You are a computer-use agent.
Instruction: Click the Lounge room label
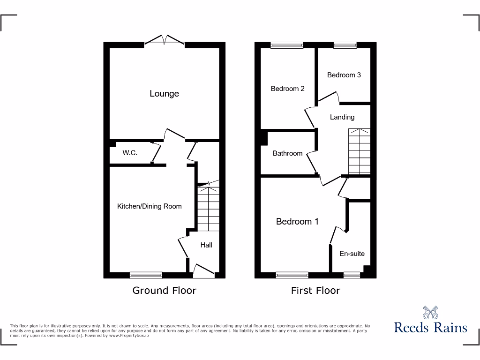164,94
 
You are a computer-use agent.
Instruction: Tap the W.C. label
130,153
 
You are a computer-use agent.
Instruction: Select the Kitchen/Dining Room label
149,206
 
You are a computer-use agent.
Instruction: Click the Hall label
206,245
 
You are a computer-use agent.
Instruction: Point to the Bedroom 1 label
297,221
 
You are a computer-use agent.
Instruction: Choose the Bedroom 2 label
288,89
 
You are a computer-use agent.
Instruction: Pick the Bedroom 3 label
344,75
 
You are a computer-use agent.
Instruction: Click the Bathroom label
287,153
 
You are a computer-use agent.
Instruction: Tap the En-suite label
352,254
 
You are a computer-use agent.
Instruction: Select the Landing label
342,117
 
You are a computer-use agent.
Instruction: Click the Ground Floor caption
164,291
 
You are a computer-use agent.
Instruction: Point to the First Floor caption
315,291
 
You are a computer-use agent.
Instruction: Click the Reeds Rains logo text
430,327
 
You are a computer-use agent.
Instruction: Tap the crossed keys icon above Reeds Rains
430,312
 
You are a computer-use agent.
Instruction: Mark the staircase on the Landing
359,151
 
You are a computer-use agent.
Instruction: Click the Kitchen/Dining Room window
146,275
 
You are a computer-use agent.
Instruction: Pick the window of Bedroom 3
345,45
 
